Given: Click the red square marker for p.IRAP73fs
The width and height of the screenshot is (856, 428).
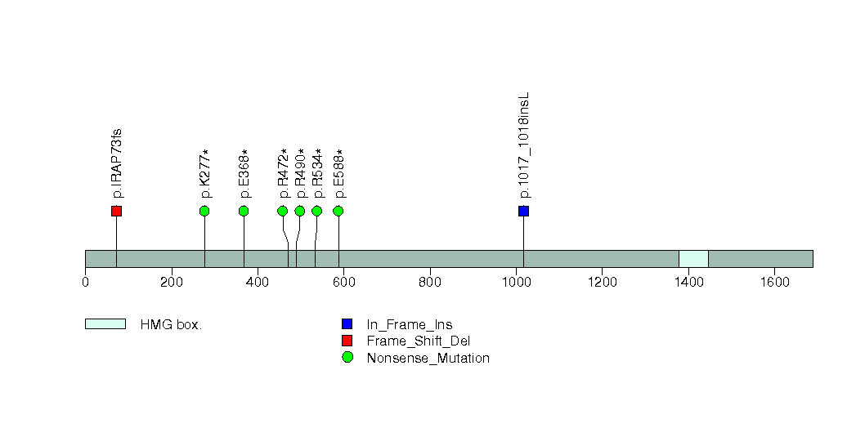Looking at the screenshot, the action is pyautogui.click(x=116, y=211).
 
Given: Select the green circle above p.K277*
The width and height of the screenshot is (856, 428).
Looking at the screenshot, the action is pyautogui.click(x=204, y=211).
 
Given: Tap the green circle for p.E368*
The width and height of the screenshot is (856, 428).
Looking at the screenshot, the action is pyautogui.click(x=244, y=211).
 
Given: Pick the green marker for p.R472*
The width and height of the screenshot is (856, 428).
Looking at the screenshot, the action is pyautogui.click(x=283, y=211).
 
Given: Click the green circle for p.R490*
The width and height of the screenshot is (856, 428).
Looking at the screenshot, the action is pyautogui.click(x=300, y=211).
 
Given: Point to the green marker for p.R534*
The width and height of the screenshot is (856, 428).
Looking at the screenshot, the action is pyautogui.click(x=316, y=211).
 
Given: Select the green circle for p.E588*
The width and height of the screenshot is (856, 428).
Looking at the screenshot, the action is pyautogui.click(x=338, y=211).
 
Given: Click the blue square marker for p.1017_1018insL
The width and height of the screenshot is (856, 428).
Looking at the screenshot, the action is pyautogui.click(x=523, y=211).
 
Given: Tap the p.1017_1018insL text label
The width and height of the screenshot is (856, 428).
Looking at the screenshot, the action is pyautogui.click(x=524, y=145).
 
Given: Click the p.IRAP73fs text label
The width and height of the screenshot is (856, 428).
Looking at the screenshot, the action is pyautogui.click(x=116, y=163).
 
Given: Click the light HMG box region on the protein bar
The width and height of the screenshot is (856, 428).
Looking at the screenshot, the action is pyautogui.click(x=693, y=259).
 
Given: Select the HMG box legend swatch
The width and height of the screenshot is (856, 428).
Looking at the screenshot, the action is pyautogui.click(x=105, y=324).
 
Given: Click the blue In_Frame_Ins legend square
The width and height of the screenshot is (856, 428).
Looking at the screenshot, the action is pyautogui.click(x=347, y=324).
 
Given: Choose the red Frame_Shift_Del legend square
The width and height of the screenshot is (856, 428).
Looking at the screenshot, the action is pyautogui.click(x=347, y=341).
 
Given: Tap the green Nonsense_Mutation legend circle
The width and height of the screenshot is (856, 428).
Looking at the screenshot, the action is pyautogui.click(x=347, y=358).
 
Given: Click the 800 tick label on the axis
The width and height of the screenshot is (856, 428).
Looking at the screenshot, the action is pyautogui.click(x=430, y=282).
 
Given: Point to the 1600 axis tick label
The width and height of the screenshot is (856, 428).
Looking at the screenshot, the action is pyautogui.click(x=774, y=282).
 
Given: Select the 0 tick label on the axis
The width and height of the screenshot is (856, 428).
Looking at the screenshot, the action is pyautogui.click(x=85, y=282).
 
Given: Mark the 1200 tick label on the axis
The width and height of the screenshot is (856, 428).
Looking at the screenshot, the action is pyautogui.click(x=602, y=282).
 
